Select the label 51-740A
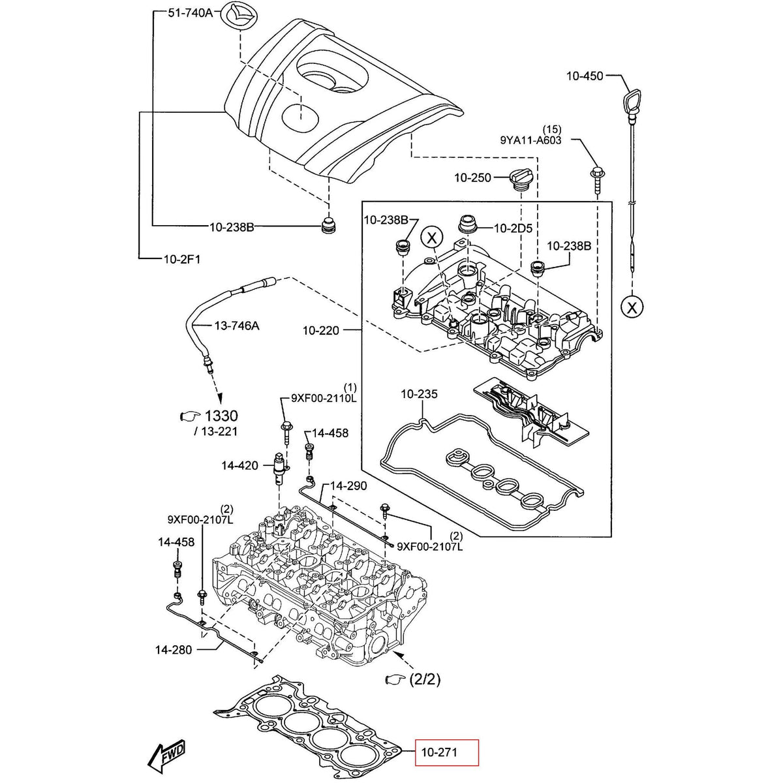[x=191, y=13]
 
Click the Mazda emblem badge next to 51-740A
[x=234, y=14]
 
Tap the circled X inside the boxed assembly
[x=432, y=238]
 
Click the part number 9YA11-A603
[x=530, y=140]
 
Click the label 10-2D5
[x=513, y=228]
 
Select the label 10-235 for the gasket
[x=419, y=394]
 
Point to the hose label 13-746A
[x=237, y=325]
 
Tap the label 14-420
[x=239, y=466]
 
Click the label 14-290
[x=348, y=486]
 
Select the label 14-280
[x=174, y=649]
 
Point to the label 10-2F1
[x=181, y=259]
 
